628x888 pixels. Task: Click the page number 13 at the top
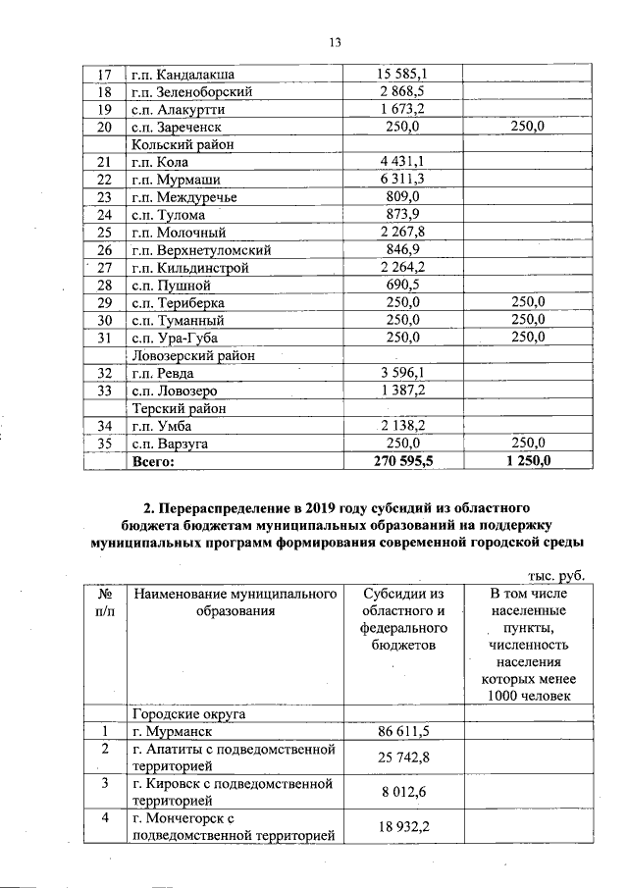point(334,41)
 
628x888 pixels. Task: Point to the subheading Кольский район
point(181,144)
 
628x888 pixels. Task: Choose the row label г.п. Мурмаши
point(176,180)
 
